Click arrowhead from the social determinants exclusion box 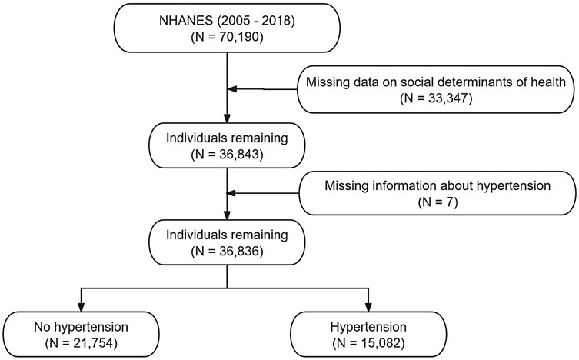pyautogui.click(x=232, y=89)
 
